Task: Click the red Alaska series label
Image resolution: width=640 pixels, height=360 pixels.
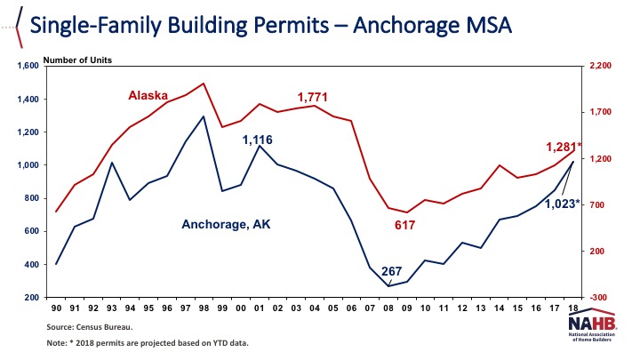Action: pyautogui.click(x=148, y=94)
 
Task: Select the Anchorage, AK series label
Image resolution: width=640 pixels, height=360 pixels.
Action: pyautogui.click(x=226, y=225)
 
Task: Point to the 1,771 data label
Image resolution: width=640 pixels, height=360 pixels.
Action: pyautogui.click(x=314, y=96)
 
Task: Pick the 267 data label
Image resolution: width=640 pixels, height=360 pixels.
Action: pyautogui.click(x=392, y=271)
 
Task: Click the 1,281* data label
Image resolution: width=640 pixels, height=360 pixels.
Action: pyautogui.click(x=563, y=147)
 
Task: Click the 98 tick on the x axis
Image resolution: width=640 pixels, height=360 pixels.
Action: pyautogui.click(x=204, y=308)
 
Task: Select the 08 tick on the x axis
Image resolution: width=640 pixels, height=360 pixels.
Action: pyautogui.click(x=388, y=308)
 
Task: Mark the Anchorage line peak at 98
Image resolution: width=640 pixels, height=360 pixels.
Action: pyautogui.click(x=204, y=116)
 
